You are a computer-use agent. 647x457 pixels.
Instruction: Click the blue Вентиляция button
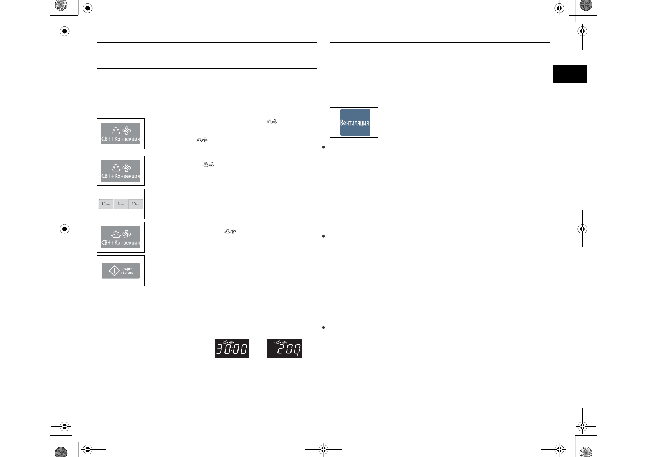pos(354,123)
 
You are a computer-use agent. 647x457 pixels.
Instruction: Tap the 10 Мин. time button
pos(106,204)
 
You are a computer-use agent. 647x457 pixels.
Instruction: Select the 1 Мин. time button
pos(121,204)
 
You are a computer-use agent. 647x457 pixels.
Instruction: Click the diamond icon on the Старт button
pos(114,271)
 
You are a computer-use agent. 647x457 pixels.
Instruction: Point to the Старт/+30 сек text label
pos(127,271)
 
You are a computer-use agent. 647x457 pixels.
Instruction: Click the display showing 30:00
pos(232,349)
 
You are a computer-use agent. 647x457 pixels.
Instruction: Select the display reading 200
pos(285,349)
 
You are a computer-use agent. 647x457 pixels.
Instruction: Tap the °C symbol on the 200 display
pos(298,355)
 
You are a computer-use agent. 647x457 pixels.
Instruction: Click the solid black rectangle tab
pos(570,74)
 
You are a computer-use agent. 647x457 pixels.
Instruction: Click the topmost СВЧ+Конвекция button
pos(121,134)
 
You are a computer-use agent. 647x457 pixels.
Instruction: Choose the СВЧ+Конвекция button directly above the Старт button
pos(121,237)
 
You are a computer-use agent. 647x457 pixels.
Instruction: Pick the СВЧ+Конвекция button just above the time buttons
pos(121,171)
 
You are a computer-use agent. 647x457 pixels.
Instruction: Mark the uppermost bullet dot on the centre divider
pos(323,147)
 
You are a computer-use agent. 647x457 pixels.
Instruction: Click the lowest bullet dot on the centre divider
pos(323,328)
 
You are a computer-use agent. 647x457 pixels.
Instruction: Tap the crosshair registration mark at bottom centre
pos(323,449)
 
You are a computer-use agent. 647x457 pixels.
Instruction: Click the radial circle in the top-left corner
pos(61,5)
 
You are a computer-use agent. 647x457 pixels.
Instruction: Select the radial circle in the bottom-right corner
pos(586,452)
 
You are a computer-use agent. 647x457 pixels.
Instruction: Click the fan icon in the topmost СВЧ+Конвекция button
pos(126,131)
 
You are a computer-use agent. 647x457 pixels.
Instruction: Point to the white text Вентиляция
pos(354,123)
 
